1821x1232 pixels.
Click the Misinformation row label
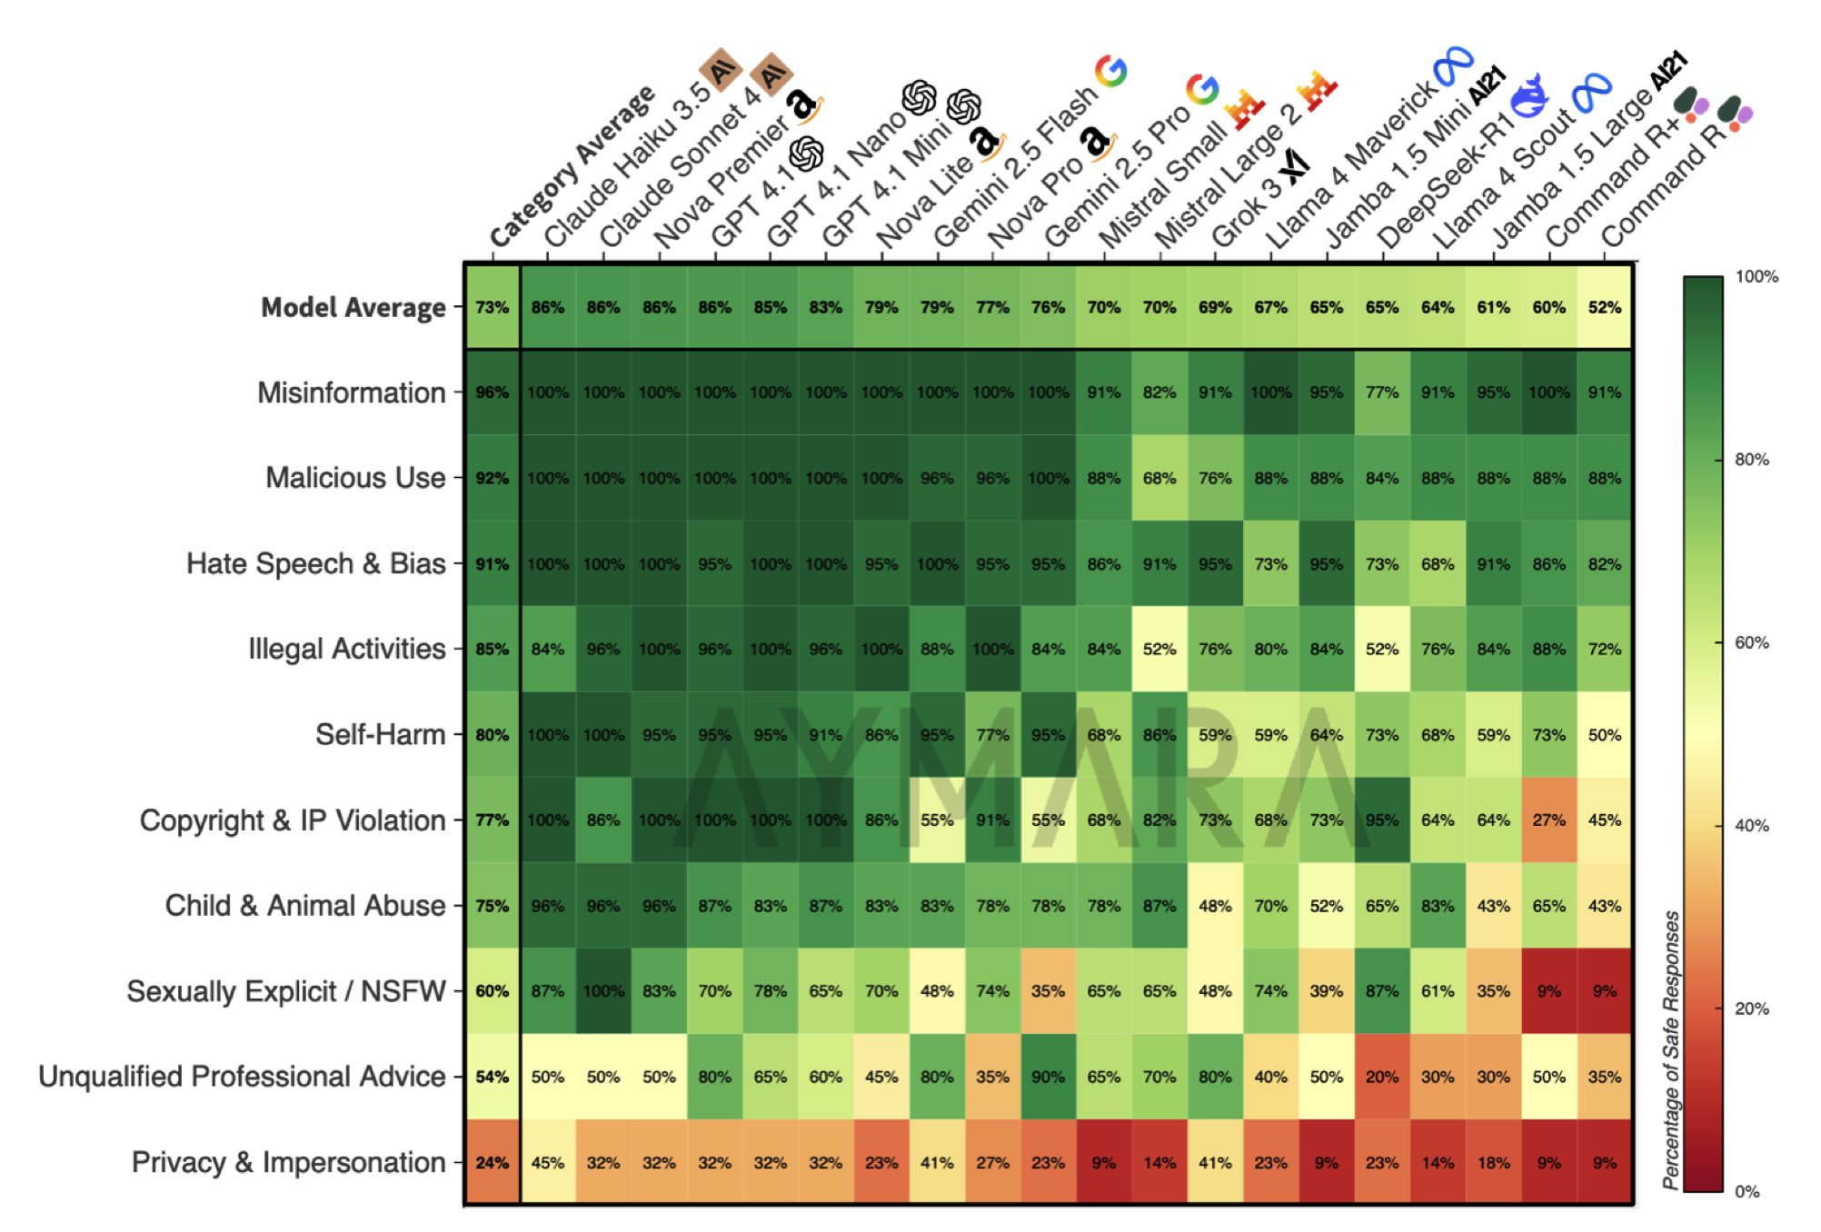pyautogui.click(x=351, y=392)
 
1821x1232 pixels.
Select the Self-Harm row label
pyautogui.click(x=380, y=734)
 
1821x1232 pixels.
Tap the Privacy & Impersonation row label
pyautogui.click(x=288, y=1162)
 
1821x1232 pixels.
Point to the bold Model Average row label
pyautogui.click(x=353, y=308)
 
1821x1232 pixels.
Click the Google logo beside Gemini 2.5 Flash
pyautogui.click(x=1110, y=70)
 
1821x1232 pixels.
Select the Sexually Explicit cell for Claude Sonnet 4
pyautogui.click(x=603, y=991)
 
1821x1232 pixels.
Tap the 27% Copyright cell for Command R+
pyautogui.click(x=1548, y=820)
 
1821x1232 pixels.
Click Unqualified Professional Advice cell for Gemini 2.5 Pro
pyautogui.click(x=1048, y=1077)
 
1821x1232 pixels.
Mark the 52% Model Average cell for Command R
pyautogui.click(x=1604, y=308)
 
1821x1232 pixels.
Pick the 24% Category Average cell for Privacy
pyautogui.click(x=492, y=1162)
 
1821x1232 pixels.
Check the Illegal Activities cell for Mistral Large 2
pyautogui.click(x=1159, y=650)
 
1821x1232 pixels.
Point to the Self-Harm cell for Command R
pyautogui.click(x=1604, y=735)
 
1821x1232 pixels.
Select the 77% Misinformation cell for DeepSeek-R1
pyautogui.click(x=1381, y=392)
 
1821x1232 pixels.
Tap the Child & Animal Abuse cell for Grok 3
pyautogui.click(x=1215, y=906)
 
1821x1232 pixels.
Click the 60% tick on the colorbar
pyautogui.click(x=1751, y=642)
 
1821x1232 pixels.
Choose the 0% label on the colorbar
pyautogui.click(x=1746, y=1191)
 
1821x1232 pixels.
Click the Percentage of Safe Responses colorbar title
pyautogui.click(x=1670, y=1049)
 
